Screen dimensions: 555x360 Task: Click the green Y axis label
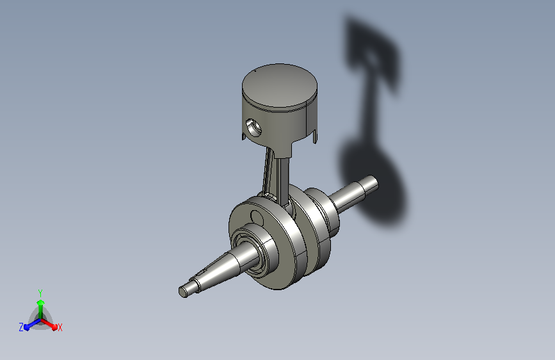pos(40,293)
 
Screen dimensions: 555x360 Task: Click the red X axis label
pos(60,327)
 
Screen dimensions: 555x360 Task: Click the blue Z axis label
pos(21,327)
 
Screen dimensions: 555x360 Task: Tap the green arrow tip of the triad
pos(40,302)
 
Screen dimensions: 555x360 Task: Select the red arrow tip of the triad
pos(54,327)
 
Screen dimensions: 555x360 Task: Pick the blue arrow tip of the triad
pos(27,327)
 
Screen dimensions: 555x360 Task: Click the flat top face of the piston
pos(279,86)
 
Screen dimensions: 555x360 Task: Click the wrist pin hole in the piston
pos(253,127)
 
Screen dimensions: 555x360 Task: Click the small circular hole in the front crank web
pos(257,218)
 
